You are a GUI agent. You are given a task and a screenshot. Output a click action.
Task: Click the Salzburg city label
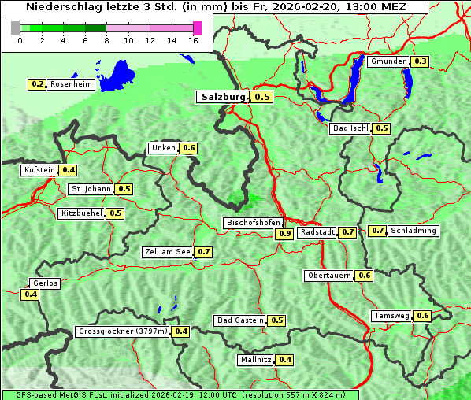(223, 97)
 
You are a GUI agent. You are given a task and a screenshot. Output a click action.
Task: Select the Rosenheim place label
(71, 84)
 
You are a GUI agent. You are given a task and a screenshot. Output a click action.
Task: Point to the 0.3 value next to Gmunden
(421, 61)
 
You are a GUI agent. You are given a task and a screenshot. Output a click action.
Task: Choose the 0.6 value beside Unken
(188, 148)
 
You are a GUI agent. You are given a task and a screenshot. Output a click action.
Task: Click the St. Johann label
(91, 189)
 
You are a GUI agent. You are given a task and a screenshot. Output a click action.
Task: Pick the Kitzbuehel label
(81, 213)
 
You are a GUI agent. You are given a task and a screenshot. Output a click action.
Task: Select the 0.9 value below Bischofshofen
(284, 234)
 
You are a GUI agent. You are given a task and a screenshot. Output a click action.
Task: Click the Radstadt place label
(318, 232)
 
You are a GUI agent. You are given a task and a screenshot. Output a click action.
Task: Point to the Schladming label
(414, 231)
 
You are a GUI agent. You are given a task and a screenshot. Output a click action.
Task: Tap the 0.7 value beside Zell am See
(203, 252)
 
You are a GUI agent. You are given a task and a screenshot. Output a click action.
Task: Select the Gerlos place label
(45, 283)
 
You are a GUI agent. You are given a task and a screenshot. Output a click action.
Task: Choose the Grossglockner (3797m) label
(123, 331)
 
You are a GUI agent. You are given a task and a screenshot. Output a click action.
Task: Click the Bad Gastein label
(240, 320)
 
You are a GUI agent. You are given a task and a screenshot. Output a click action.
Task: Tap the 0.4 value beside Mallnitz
(285, 360)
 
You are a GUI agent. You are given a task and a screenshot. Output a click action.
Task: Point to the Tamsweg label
(392, 316)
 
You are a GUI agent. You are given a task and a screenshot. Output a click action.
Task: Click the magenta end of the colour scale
(197, 28)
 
